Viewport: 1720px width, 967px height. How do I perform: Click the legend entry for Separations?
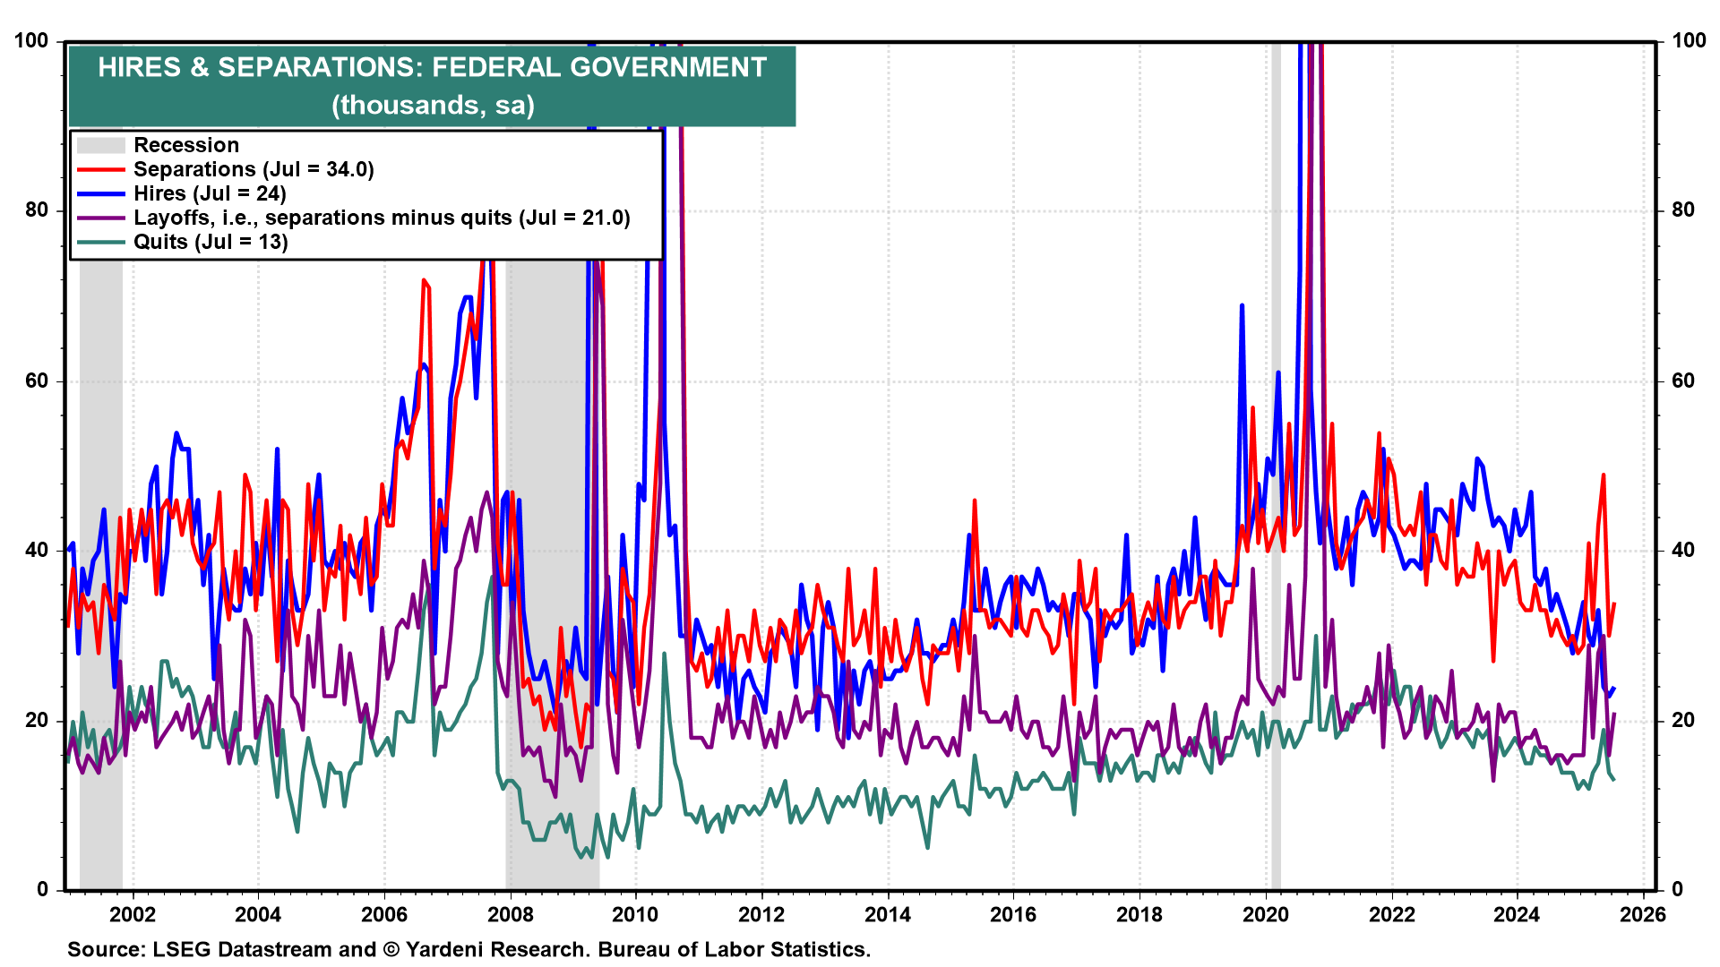click(253, 169)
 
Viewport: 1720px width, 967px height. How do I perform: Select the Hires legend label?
click(209, 193)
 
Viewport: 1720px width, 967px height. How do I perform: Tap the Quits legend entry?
click(210, 242)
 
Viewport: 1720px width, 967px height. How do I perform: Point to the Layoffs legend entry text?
click(381, 218)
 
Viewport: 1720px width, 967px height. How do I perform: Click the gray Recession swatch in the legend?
click(100, 145)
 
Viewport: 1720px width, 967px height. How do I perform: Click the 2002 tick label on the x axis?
click(133, 914)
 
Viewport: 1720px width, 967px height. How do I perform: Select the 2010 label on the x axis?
click(635, 914)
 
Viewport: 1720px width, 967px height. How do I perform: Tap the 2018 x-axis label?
click(1139, 914)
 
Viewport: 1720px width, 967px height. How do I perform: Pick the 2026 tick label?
click(1643, 914)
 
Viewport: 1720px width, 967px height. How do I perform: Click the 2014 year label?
click(887, 914)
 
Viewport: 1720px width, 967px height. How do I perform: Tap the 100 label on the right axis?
click(1689, 40)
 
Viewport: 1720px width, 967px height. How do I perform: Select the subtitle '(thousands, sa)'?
click(433, 105)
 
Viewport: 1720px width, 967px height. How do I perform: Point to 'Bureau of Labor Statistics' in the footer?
click(734, 949)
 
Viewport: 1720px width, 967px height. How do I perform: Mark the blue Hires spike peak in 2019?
click(1242, 305)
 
